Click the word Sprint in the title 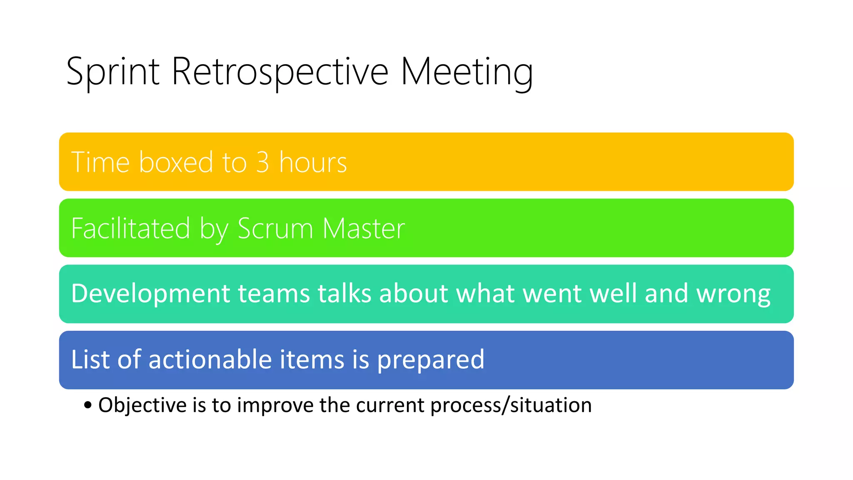click(112, 72)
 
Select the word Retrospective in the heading click(279, 72)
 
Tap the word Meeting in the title click(466, 72)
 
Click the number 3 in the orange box click(262, 162)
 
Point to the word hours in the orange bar click(313, 162)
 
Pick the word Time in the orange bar click(100, 162)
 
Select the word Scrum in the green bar click(275, 228)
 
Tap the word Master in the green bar click(363, 228)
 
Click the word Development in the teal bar click(150, 293)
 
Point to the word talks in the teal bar click(344, 293)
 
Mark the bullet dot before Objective click(87, 405)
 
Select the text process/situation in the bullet click(511, 405)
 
